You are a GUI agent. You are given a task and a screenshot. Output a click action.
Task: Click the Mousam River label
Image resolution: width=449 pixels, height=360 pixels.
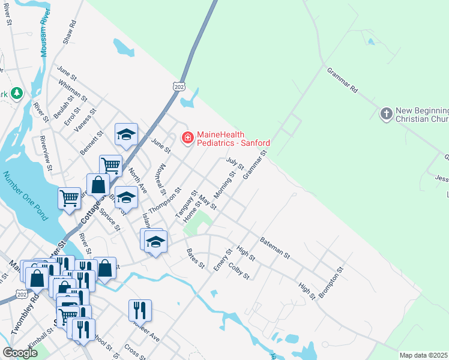44,34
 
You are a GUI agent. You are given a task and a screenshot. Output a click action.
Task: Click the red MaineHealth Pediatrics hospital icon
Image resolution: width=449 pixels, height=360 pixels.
187,138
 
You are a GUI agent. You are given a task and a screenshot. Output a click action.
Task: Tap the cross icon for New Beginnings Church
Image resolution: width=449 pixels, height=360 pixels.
387,113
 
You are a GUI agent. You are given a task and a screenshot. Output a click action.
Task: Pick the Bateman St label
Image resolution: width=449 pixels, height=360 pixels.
275,247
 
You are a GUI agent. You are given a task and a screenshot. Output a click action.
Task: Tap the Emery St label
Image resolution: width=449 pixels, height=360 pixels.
223,259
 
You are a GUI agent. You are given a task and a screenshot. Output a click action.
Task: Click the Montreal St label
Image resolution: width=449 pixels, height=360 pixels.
161,176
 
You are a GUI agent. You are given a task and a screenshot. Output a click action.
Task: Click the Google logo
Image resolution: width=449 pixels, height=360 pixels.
20,353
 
